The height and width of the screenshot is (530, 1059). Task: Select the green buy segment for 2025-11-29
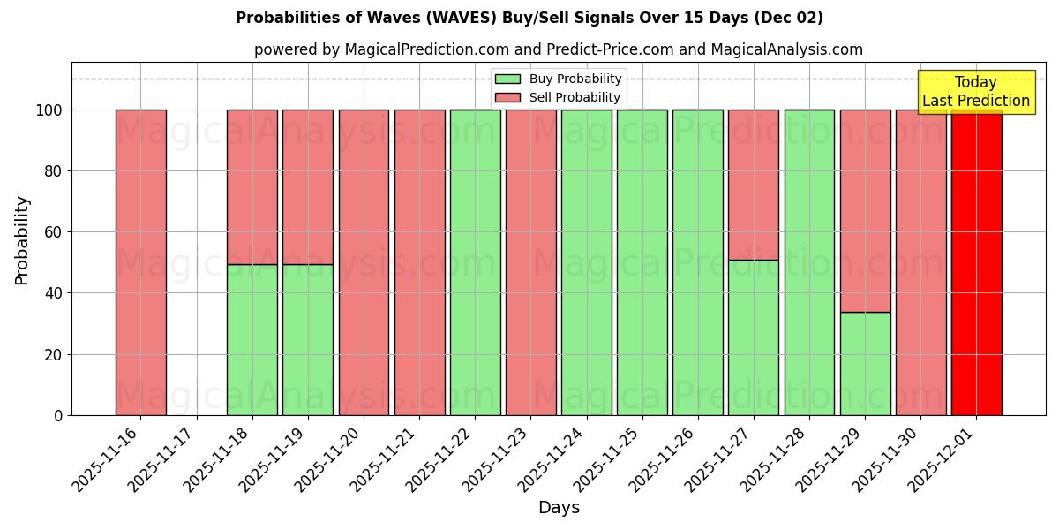click(865, 363)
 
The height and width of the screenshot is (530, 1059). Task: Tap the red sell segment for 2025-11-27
click(754, 185)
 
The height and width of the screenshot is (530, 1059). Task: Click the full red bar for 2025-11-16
click(140, 262)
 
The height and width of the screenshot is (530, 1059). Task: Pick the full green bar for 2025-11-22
click(475, 262)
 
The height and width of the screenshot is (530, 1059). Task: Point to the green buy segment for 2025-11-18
click(252, 339)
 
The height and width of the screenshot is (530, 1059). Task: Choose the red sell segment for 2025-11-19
click(308, 186)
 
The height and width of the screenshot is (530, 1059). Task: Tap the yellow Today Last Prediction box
click(975, 92)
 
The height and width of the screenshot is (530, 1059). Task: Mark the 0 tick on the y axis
click(58, 415)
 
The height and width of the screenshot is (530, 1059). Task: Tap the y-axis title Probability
click(22, 239)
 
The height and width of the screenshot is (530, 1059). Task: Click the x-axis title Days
click(559, 508)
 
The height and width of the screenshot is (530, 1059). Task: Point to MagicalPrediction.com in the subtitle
click(413, 50)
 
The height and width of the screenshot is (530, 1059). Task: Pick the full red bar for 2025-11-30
click(920, 262)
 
